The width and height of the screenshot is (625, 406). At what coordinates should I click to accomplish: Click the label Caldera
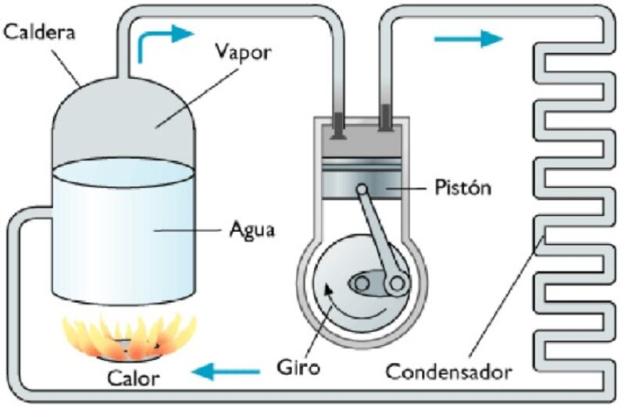pos(39,32)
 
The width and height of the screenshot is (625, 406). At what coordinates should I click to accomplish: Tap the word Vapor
pos(243,52)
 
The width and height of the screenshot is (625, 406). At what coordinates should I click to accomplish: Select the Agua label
pos(252,230)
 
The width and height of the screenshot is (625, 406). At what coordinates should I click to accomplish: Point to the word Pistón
pos(462,187)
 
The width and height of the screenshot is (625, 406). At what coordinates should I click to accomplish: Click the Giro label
pos(298,367)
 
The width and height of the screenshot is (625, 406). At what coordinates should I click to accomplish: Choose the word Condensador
pos(448,372)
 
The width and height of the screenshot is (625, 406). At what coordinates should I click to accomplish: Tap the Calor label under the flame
pos(133,378)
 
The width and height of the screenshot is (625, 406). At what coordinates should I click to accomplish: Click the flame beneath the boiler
pos(130,337)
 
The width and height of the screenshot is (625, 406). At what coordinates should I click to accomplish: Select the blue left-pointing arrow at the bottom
pos(226,372)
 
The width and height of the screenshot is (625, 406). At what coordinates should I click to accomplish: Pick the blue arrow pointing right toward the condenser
pos(469,38)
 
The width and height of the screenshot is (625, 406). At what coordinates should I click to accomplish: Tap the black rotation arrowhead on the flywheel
pos(327,288)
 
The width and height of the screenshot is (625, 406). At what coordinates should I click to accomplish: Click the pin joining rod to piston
pos(362,188)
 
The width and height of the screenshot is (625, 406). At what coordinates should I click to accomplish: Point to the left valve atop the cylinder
pos(338,126)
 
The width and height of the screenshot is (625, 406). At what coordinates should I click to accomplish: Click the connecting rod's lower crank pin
pos(397,284)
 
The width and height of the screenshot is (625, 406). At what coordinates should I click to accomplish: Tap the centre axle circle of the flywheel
pos(362,283)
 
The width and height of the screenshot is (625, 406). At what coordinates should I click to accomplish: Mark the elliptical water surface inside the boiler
pos(123,172)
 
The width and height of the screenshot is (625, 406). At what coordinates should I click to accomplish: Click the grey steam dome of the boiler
pos(123,119)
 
